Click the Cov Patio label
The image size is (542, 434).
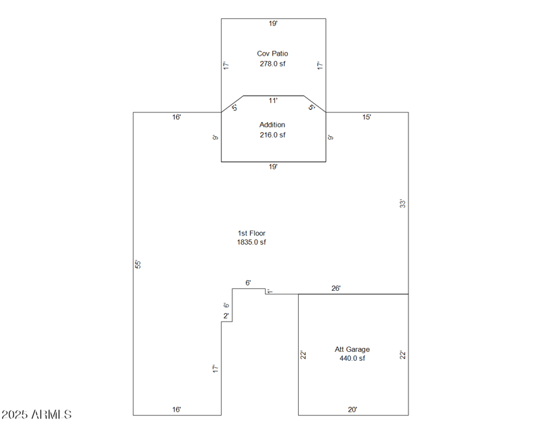tap(272, 54)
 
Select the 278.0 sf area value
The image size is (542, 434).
tap(272, 64)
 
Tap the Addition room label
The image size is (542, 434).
tap(272, 125)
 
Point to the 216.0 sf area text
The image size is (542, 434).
tap(272, 135)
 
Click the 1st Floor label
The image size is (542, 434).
tap(251, 233)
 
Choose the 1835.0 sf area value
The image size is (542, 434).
tap(251, 242)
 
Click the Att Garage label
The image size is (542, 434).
tap(352, 349)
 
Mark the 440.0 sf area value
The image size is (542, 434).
tap(352, 358)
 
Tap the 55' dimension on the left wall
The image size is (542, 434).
tap(138, 264)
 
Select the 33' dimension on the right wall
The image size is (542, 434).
tap(402, 203)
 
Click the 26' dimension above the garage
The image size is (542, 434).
tap(336, 288)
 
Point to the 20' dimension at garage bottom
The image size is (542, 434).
tap(352, 410)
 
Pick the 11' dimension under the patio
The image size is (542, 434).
tap(273, 101)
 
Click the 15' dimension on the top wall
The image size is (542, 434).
tap(367, 117)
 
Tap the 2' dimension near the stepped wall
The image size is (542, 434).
tap(226, 316)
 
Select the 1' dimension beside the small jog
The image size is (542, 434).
tap(270, 292)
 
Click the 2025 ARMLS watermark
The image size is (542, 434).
tap(37, 414)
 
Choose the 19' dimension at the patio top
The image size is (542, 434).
tap(273, 24)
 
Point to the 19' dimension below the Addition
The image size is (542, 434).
tap(273, 167)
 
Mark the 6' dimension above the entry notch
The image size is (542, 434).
tap(248, 283)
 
